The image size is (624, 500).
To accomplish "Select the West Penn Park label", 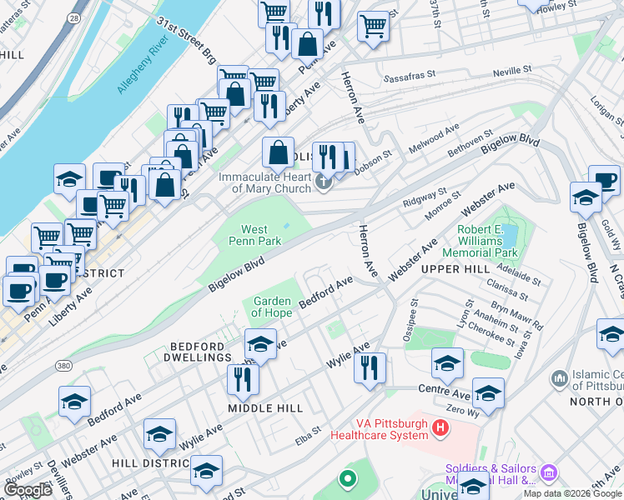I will click(x=254, y=236).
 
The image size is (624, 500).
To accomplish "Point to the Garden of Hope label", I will click(x=272, y=307).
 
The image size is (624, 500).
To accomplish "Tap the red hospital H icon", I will click(x=440, y=428).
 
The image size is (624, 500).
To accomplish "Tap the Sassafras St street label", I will click(x=411, y=78).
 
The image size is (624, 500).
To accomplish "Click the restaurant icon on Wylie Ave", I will click(x=370, y=367).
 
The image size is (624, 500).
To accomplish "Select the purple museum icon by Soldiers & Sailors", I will click(x=548, y=472).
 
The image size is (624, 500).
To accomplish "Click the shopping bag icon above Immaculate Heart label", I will click(x=278, y=153).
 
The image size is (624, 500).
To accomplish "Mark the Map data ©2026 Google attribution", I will click(x=572, y=493).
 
